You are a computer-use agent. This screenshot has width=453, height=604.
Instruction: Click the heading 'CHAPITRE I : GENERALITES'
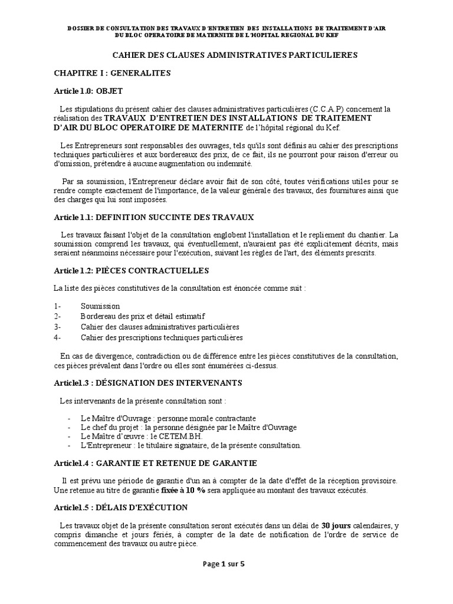coord(112,73)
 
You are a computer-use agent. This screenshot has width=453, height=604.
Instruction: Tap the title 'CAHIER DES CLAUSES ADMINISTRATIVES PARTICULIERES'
coord(235,55)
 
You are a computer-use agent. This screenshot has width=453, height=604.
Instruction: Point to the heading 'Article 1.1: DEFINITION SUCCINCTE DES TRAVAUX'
coord(153,217)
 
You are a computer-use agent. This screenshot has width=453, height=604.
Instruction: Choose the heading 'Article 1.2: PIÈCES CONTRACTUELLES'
coord(130,270)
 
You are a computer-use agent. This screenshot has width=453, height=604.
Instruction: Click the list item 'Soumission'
coord(100,306)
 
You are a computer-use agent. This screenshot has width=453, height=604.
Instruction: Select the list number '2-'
coord(57,317)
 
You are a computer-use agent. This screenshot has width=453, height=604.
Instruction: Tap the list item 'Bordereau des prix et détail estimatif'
coord(143,317)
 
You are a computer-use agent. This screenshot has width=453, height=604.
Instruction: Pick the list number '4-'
coord(57,338)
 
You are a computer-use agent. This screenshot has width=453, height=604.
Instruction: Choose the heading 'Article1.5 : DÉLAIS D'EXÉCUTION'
coord(121,507)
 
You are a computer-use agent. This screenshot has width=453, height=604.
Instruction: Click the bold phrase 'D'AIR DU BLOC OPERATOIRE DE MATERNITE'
coord(149,127)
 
